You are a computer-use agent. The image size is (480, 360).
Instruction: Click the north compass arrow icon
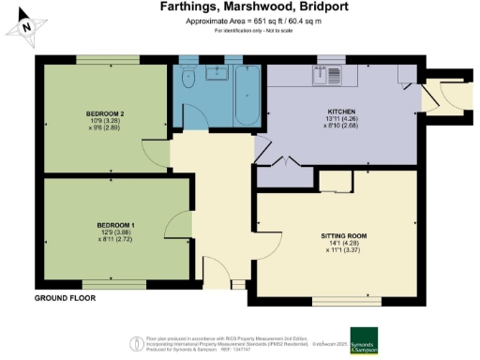[27, 28]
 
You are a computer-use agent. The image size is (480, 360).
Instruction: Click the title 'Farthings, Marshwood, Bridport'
[239, 7]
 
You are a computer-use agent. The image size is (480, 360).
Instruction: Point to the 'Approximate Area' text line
[239, 22]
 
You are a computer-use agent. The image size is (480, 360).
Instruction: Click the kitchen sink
[331, 77]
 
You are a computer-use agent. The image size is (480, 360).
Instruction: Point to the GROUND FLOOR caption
[67, 297]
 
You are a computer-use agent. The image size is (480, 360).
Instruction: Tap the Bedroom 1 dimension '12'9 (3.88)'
[117, 233]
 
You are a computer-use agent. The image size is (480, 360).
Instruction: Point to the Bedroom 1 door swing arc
[174, 225]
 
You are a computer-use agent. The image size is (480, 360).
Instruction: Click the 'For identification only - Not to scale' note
[239, 32]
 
